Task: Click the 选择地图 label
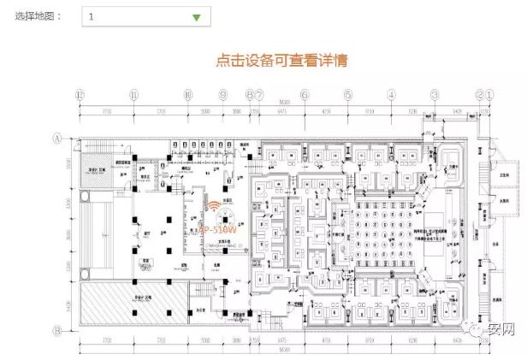[38, 17]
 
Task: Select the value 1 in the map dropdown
[92, 17]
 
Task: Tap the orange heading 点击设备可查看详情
[281, 62]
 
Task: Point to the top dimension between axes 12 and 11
[106, 112]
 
